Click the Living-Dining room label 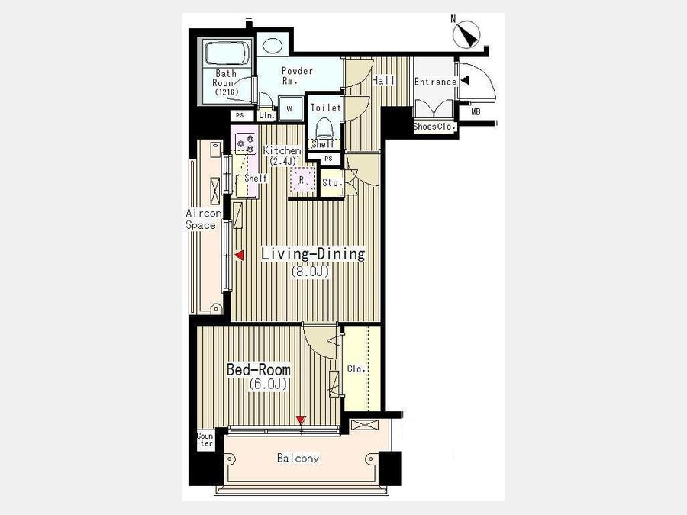pyautogui.click(x=313, y=254)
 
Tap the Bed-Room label pyautogui.click(x=258, y=369)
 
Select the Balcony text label pyautogui.click(x=298, y=458)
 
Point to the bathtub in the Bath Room pyautogui.click(x=227, y=54)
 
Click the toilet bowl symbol pyautogui.click(x=324, y=127)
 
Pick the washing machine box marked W pyautogui.click(x=289, y=108)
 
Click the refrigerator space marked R pyautogui.click(x=302, y=180)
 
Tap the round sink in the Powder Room pyautogui.click(x=273, y=46)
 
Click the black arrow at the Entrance pyautogui.click(x=466, y=81)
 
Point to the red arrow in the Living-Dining pyautogui.click(x=239, y=256)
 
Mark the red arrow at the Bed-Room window pyautogui.click(x=300, y=420)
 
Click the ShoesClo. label pyautogui.click(x=434, y=127)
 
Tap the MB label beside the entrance pyautogui.click(x=476, y=112)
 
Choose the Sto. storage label pyautogui.click(x=332, y=182)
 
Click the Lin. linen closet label pyautogui.click(x=266, y=116)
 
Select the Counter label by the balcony pyautogui.click(x=205, y=439)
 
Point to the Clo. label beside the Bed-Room pyautogui.click(x=356, y=369)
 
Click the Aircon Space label pyautogui.click(x=202, y=219)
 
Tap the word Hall pyautogui.click(x=383, y=81)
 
